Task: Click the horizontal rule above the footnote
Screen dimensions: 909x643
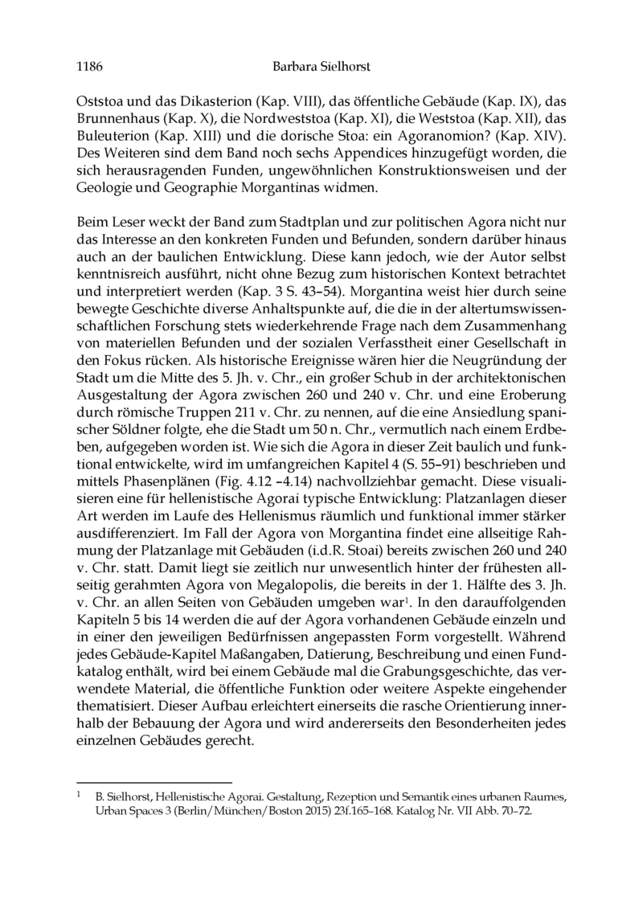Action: click(x=154, y=780)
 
